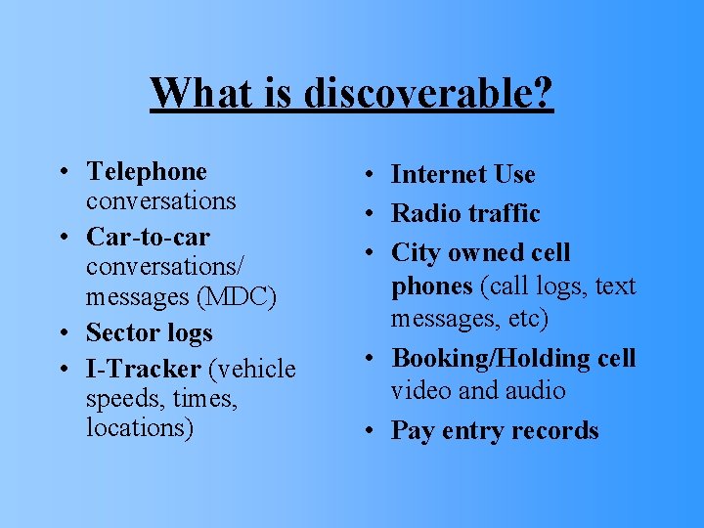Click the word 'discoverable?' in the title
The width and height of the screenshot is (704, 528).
(x=428, y=94)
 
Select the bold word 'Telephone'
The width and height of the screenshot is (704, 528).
(x=147, y=172)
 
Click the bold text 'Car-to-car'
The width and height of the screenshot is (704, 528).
(x=148, y=238)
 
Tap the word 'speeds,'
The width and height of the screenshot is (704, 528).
(x=121, y=399)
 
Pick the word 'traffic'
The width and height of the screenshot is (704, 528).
(x=504, y=214)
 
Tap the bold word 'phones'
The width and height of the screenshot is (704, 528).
(x=431, y=286)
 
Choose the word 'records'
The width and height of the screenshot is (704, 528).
(x=556, y=431)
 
